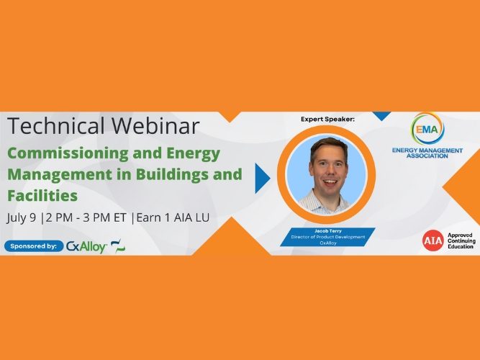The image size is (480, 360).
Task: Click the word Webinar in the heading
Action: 154,127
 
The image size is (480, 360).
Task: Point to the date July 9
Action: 22,217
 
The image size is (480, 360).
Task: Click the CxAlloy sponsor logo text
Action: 86,246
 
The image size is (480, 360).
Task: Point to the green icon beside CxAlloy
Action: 118,246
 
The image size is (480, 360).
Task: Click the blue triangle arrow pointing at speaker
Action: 263,178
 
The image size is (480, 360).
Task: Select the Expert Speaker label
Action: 328,119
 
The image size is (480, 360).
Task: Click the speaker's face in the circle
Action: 329,166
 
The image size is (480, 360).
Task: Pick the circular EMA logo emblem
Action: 427,129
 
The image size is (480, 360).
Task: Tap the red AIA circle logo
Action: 433,240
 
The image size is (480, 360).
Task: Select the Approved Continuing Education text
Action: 461,240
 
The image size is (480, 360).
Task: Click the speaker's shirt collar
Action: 329,196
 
